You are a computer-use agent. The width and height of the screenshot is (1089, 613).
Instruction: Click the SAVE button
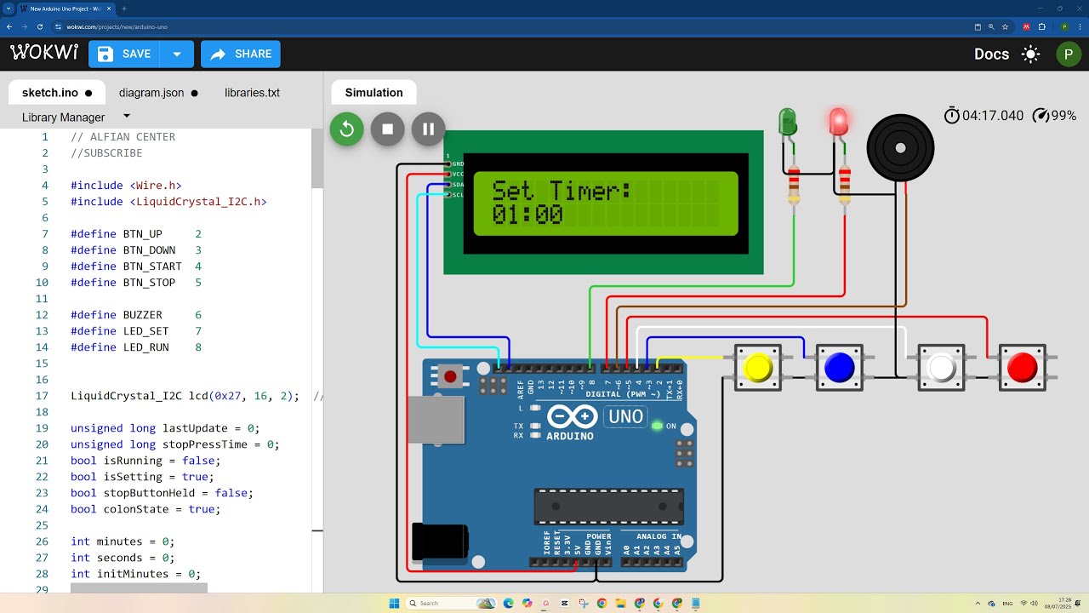pos(125,54)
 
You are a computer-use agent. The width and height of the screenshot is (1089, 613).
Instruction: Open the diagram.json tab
pos(151,93)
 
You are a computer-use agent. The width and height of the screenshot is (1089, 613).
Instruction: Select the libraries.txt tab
pos(252,93)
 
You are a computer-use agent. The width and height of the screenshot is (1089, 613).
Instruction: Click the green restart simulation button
pos(347,129)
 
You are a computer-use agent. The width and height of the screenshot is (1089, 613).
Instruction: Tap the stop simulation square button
pos(388,129)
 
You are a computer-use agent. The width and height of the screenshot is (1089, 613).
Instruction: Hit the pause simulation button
pos(429,129)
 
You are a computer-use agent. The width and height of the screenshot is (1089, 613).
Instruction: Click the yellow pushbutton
pos(757,368)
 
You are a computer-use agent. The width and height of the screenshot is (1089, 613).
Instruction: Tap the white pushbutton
pos(941,368)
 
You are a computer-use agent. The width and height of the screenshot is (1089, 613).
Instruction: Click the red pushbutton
pos(1022,368)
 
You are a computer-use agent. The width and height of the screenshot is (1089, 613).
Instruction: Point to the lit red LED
pos(839,122)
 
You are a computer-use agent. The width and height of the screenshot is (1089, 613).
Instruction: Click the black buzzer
pos(900,148)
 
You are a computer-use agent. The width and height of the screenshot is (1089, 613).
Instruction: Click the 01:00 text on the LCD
pos(527,215)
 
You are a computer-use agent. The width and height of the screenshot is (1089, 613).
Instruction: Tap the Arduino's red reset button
pos(450,375)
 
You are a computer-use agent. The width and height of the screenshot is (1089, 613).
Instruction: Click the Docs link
pos(991,54)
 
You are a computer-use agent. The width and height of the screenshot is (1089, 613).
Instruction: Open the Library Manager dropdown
pos(127,117)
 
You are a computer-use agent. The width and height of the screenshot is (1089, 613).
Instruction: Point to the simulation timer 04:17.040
pos(992,116)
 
